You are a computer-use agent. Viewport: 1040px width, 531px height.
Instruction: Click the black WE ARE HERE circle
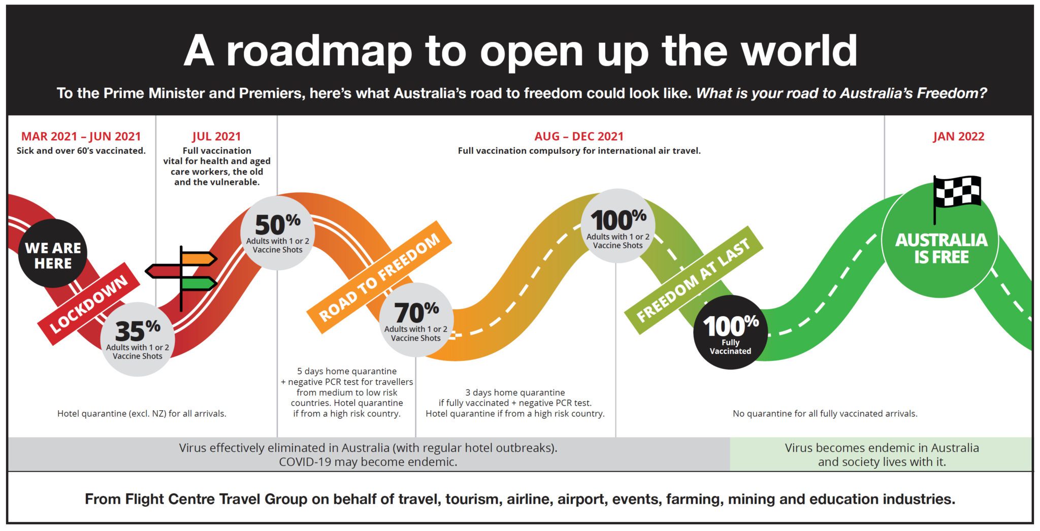pos(53,253)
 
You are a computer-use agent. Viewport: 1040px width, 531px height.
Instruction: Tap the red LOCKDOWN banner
pos(89,304)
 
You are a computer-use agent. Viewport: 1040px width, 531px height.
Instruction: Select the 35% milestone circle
pos(138,339)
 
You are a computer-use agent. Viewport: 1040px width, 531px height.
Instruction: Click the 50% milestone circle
pos(278,233)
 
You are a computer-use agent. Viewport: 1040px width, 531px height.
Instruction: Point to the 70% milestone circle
pos(416,320)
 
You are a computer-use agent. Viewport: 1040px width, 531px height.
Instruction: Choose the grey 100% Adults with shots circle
pos(618,226)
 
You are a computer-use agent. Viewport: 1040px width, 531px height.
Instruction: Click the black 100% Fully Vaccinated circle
pos(730,332)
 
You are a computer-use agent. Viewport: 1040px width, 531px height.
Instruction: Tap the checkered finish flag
pos(957,195)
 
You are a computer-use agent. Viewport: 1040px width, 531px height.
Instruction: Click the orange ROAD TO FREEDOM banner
pos(379,277)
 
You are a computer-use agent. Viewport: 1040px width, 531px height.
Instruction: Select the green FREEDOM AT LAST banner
pos(693,280)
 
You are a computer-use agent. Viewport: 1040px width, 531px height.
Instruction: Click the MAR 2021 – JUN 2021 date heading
pos(81,137)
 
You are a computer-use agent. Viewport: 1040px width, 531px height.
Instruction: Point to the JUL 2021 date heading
pos(216,137)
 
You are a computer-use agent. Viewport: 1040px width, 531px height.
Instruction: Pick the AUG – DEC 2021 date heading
pos(579,137)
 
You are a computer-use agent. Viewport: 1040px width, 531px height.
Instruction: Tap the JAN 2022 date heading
pos(958,137)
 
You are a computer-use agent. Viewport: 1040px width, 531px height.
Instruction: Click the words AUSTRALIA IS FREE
pos(941,248)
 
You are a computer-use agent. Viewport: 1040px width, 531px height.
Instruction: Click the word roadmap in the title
pos(319,51)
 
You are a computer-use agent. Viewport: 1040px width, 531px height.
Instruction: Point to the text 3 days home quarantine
pos(515,392)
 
